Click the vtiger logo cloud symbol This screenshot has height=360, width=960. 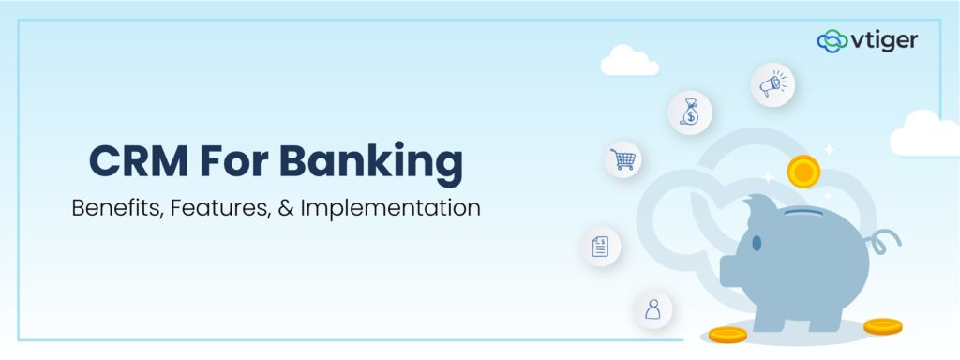pos(832,40)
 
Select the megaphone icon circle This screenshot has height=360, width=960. pos(772,85)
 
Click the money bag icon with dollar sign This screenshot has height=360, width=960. pos(689,113)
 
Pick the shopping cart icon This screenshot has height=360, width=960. pos(622,159)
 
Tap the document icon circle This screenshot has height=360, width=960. pos(600,247)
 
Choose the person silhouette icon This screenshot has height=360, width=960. pos(652,309)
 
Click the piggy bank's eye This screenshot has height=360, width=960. pos(756,243)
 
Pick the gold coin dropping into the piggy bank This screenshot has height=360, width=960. pos(803,171)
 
